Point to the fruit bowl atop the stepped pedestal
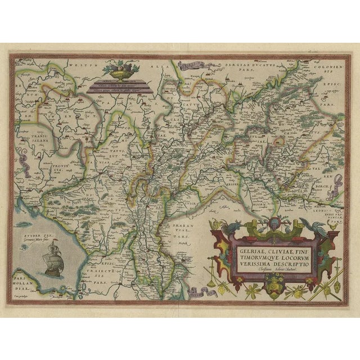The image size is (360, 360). (x=119, y=72)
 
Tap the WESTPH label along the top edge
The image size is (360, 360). (x=79, y=65)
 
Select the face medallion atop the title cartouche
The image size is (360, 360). (x=272, y=227)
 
